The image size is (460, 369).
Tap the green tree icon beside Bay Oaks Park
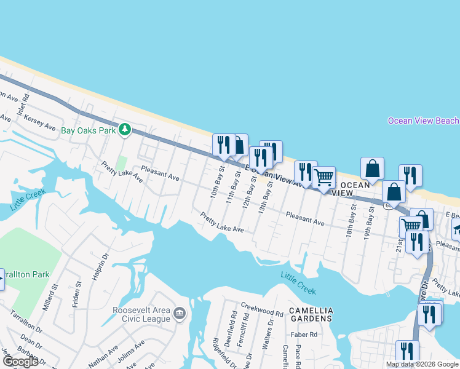click(x=125, y=129)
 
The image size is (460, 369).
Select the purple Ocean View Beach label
click(x=423, y=121)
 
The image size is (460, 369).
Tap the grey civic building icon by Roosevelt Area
click(x=180, y=314)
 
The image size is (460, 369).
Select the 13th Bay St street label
click(x=266, y=197)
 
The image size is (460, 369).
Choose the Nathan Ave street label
click(x=103, y=355)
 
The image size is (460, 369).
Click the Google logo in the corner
click(x=20, y=362)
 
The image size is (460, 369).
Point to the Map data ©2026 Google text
click(x=422, y=364)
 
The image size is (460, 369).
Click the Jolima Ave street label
click(x=131, y=349)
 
